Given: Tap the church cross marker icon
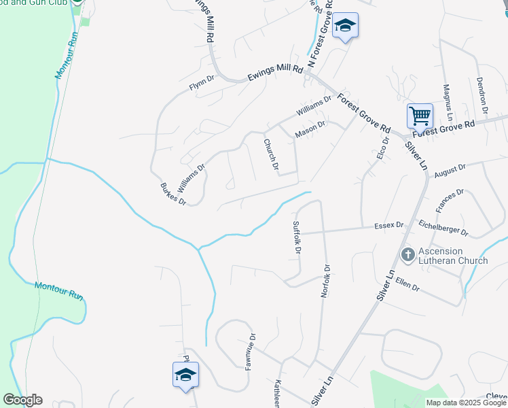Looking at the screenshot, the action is (x=407, y=255).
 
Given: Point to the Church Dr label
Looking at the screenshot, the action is (x=271, y=154).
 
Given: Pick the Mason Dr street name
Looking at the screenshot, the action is (x=311, y=129).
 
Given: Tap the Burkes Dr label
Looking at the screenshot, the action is (x=173, y=194).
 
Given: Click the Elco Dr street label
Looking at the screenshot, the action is (x=382, y=149).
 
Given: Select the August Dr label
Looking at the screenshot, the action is (x=450, y=168).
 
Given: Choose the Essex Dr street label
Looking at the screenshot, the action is (x=390, y=225).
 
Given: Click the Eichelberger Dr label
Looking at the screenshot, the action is (x=443, y=227).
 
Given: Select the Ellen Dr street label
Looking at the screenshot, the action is (x=407, y=284).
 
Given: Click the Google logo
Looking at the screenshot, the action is (x=22, y=400).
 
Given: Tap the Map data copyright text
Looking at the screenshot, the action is (x=465, y=403).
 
